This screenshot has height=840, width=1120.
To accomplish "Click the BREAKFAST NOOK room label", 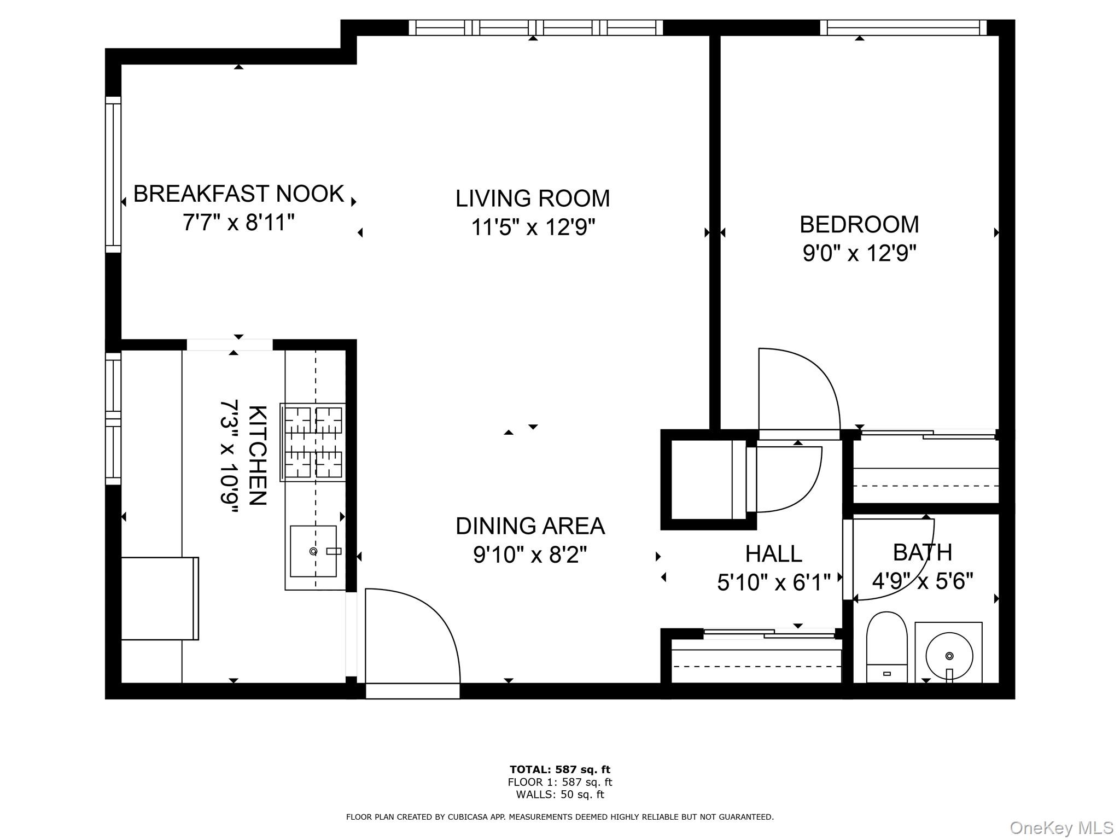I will (x=238, y=194).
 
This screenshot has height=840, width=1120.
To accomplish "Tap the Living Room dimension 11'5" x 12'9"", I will (x=533, y=227).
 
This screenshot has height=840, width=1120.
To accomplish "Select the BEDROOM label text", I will (x=859, y=224).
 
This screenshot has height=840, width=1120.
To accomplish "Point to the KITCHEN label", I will (x=258, y=455).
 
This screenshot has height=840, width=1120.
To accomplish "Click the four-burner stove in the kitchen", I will (x=313, y=442).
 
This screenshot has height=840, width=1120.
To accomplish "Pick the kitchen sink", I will (x=313, y=551).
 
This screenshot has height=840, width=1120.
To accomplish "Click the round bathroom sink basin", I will (x=949, y=655).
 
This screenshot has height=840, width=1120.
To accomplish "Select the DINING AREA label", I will (x=530, y=526).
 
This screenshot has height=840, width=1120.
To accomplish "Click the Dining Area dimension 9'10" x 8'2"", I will (x=530, y=555).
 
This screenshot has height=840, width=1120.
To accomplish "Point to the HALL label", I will (x=773, y=554).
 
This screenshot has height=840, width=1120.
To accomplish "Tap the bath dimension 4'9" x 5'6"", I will (x=923, y=581).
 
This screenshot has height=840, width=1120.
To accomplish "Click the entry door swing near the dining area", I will (x=413, y=634).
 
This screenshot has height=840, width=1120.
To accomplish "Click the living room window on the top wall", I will (x=535, y=27).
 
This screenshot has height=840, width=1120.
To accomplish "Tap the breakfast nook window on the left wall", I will (x=113, y=174).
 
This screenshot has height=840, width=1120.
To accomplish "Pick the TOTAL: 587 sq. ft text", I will (x=559, y=770).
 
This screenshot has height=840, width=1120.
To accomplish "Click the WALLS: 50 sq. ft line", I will (x=559, y=795).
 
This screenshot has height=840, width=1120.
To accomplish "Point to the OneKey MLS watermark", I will (x=1060, y=827).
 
